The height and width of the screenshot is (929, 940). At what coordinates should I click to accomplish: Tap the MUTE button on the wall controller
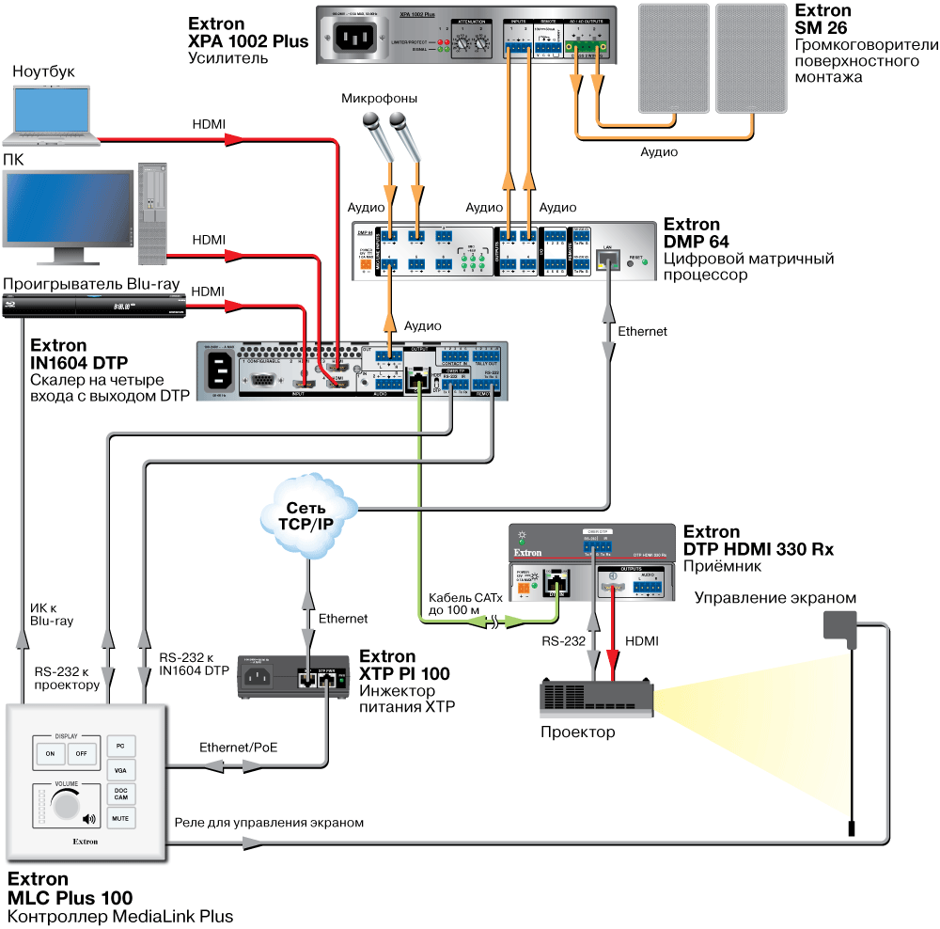point(121,818)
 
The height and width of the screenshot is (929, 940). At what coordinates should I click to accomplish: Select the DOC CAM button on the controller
point(121,793)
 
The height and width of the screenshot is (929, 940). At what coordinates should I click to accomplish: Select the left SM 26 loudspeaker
point(671,57)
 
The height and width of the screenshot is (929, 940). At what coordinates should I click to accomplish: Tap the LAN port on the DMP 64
point(608,261)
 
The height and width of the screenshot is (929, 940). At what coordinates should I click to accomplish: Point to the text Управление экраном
point(775,598)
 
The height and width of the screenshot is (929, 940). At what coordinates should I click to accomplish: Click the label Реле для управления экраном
point(269,822)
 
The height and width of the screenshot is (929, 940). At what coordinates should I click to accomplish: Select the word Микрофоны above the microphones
point(379,98)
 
